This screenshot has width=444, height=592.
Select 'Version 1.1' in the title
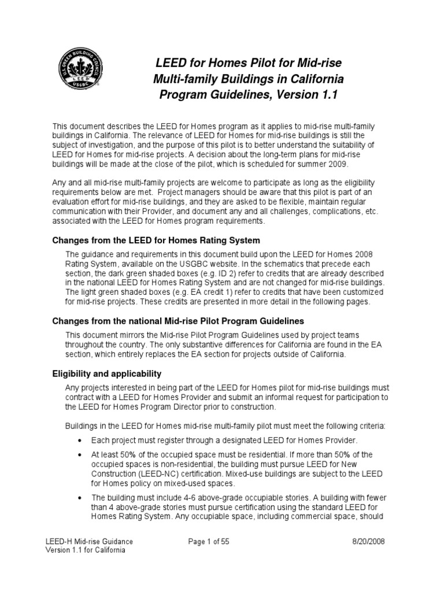pyautogui.click(x=309, y=93)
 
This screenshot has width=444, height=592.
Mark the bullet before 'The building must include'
pyautogui.click(x=79, y=498)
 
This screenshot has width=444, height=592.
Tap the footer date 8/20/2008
pyautogui.click(x=368, y=541)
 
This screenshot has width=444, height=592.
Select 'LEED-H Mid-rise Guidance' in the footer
pyautogui.click(x=89, y=541)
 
